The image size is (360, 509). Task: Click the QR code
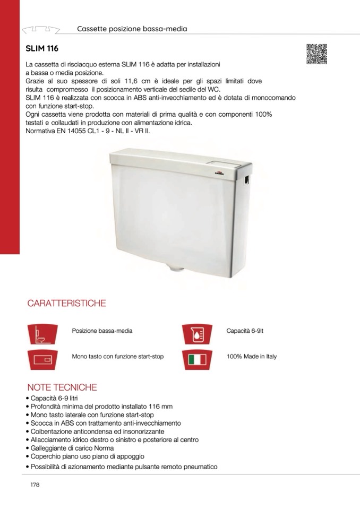point(316,54)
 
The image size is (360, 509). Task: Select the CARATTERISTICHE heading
point(66,304)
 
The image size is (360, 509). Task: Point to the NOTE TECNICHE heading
point(62,387)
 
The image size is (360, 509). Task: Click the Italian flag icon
point(197,359)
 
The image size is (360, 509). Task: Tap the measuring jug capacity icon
point(197,333)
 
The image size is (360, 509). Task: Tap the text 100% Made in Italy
point(251,357)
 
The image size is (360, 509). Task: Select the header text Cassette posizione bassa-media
point(132,29)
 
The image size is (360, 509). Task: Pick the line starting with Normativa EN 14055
point(88,130)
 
